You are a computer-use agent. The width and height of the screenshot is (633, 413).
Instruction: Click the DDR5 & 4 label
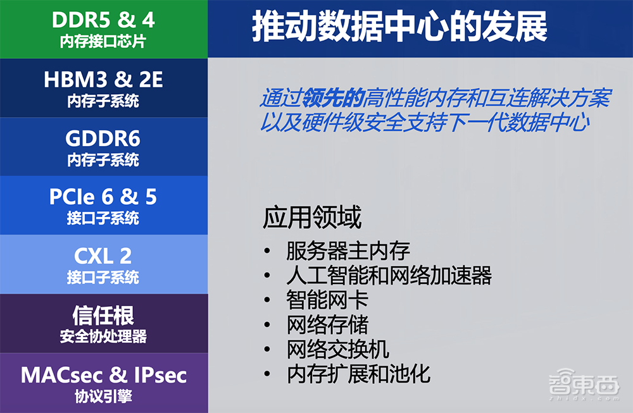[103, 20]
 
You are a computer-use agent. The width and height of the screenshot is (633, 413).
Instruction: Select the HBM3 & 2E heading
[103, 80]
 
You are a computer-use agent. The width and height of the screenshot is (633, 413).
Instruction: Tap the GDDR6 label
[103, 139]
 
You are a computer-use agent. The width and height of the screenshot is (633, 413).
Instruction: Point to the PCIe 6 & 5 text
[103, 197]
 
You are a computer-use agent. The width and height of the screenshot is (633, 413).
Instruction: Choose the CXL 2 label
[103, 256]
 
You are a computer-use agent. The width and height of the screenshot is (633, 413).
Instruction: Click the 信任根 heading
[103, 315]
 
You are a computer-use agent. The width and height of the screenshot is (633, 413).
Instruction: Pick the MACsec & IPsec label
[103, 374]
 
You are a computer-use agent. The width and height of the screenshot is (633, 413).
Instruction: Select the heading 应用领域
[312, 218]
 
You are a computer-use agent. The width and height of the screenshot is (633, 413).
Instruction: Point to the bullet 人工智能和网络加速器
[389, 275]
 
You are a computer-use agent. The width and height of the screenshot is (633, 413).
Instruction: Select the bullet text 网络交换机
[337, 349]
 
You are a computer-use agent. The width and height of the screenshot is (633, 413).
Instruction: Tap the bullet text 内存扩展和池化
[358, 374]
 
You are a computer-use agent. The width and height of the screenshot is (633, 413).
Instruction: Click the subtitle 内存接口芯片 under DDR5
[103, 42]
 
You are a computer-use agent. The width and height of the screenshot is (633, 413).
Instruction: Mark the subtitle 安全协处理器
[103, 336]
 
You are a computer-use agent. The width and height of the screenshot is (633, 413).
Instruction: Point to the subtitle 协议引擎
[103, 397]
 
